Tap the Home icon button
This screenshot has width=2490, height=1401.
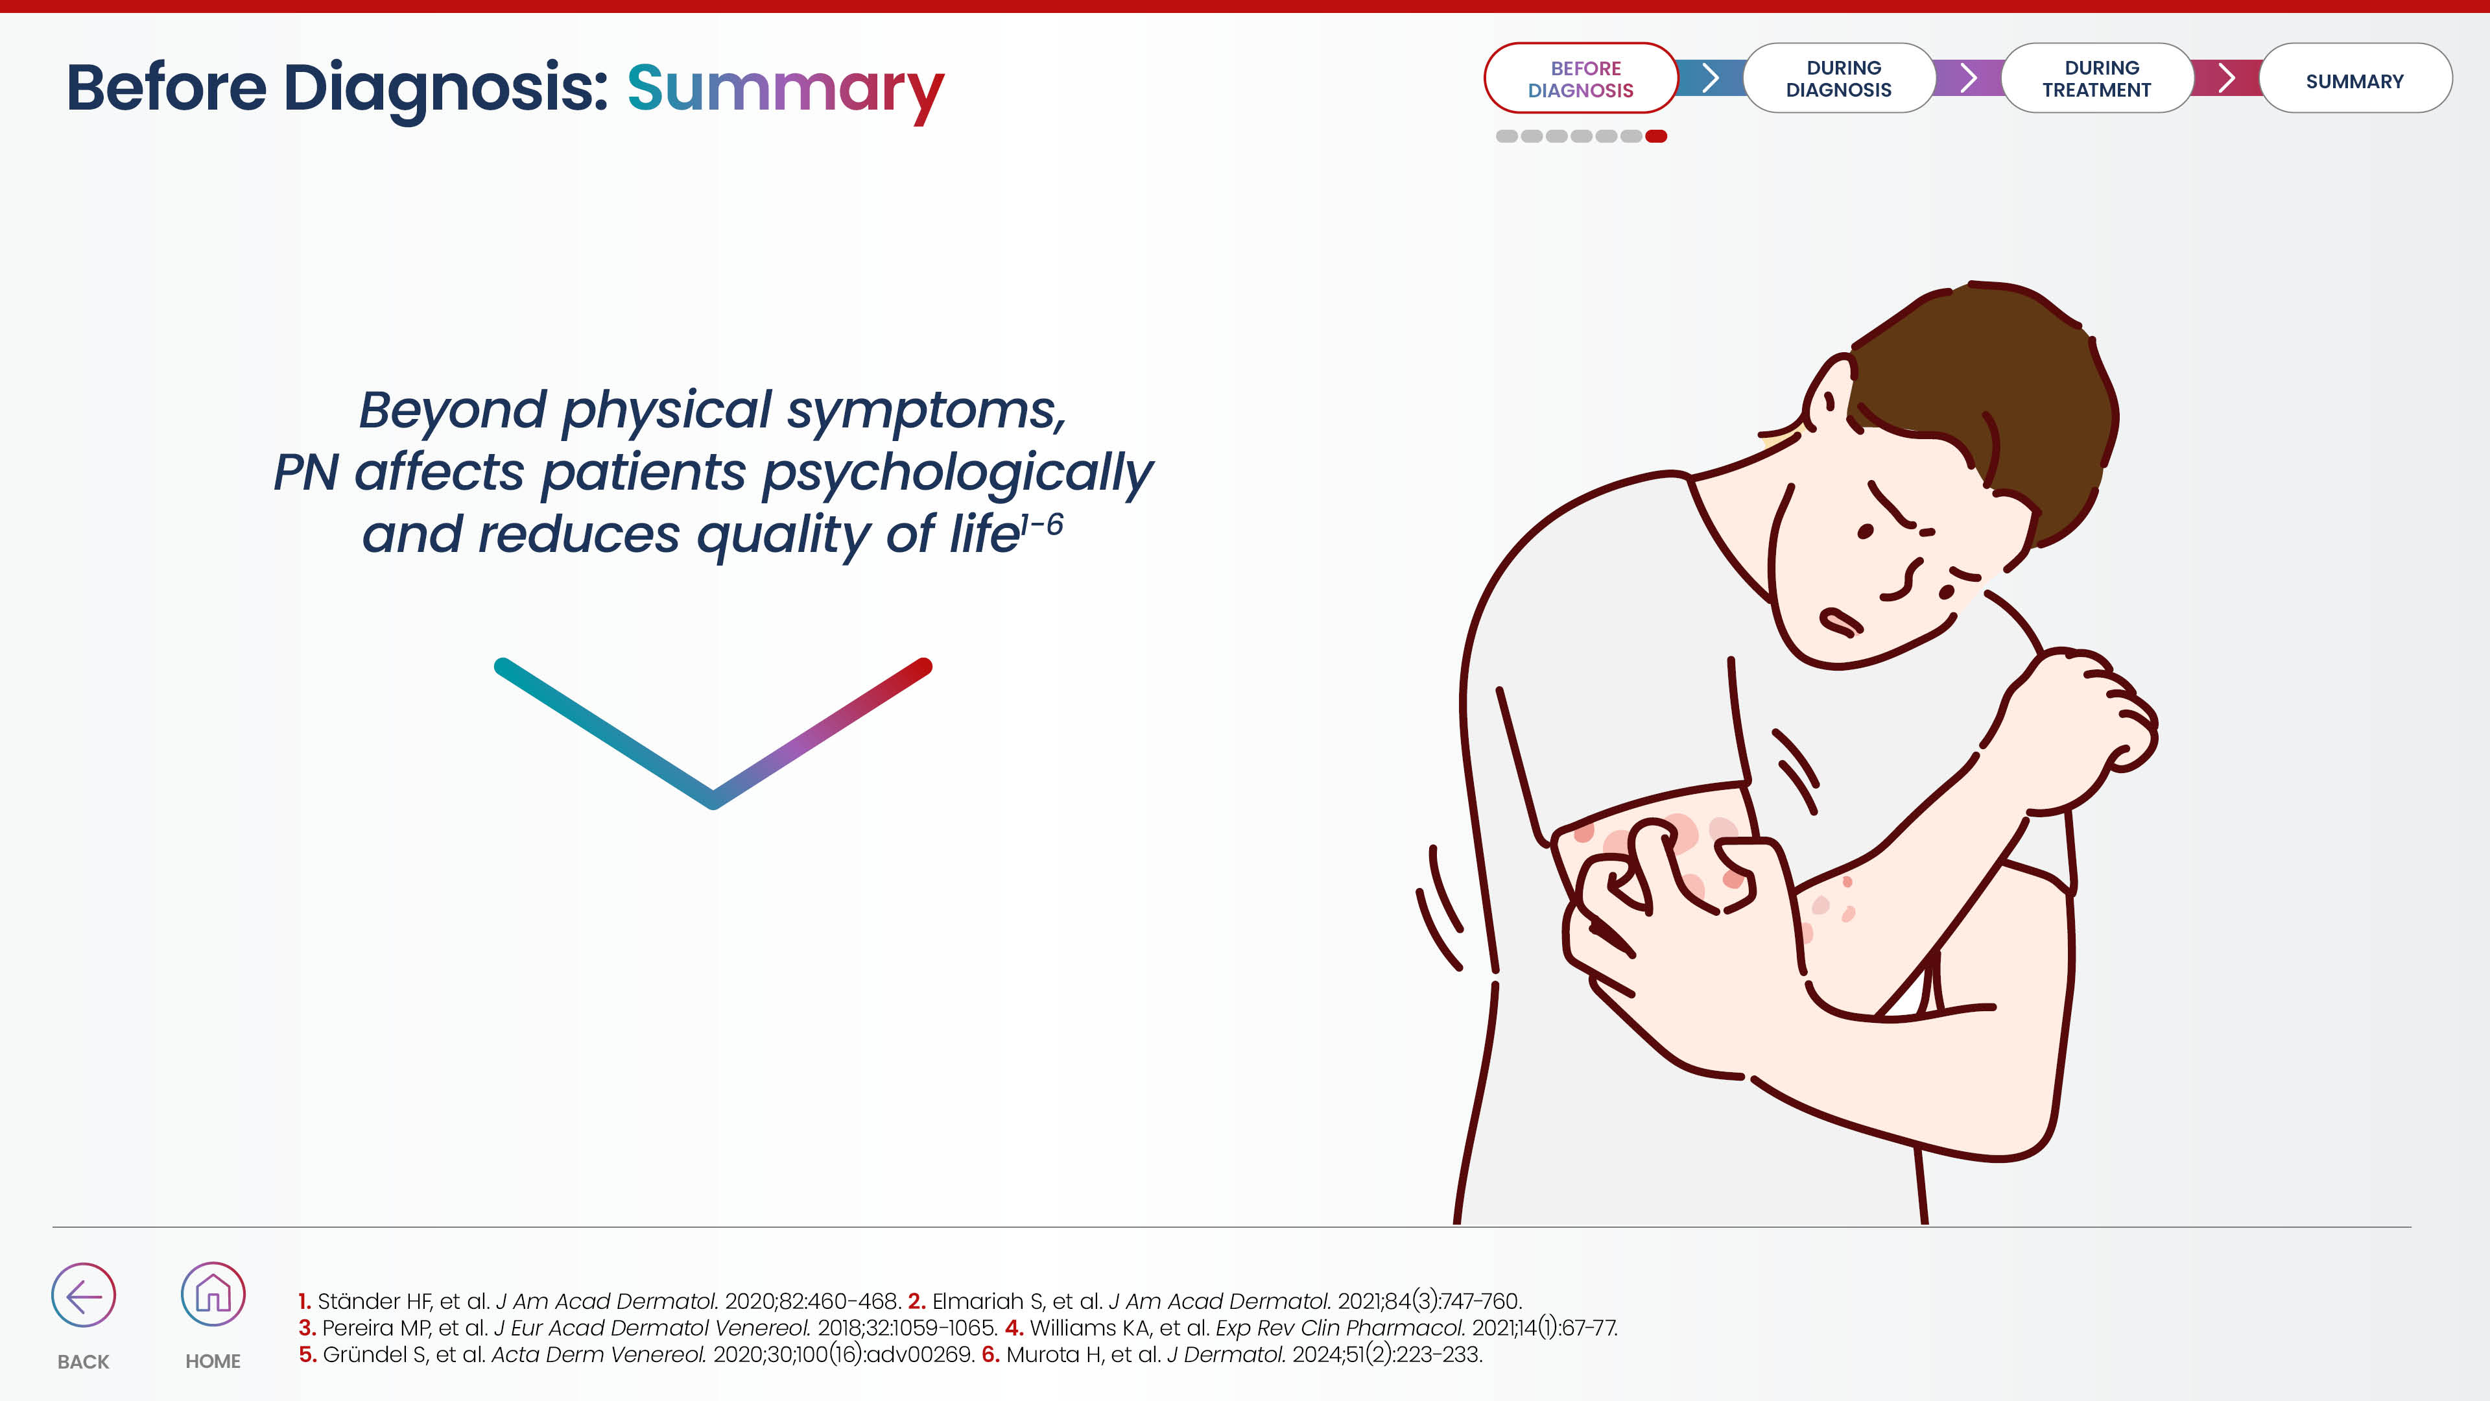click(x=213, y=1294)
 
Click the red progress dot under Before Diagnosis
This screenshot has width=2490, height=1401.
click(x=1656, y=136)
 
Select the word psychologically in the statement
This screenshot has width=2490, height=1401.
click(x=958, y=473)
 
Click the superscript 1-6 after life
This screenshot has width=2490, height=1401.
click(x=1042, y=525)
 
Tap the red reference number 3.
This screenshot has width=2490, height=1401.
click(x=307, y=1328)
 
